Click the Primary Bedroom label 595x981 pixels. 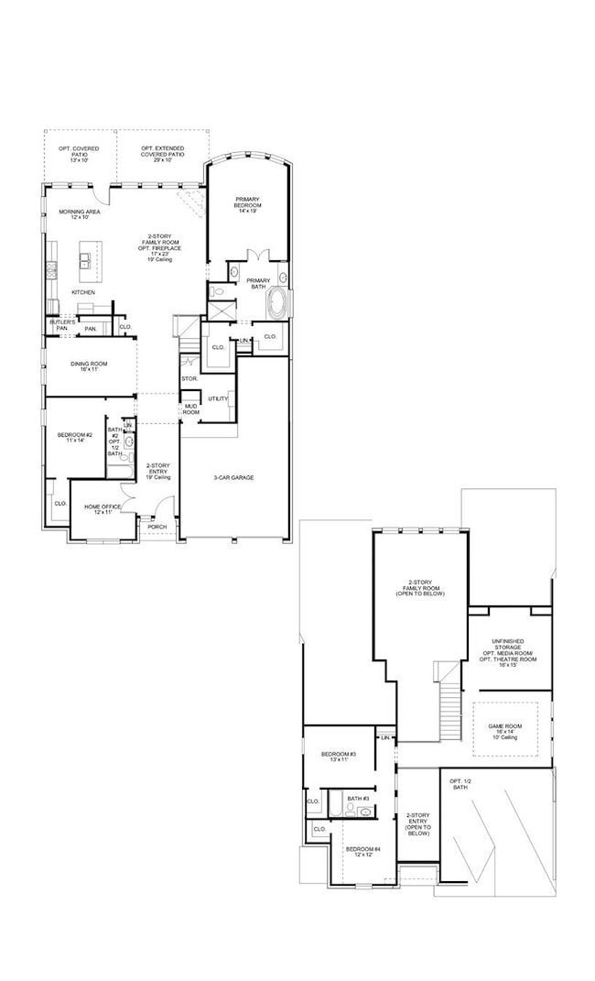point(248,202)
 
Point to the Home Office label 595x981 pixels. point(103,509)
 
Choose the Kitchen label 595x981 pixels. point(83,292)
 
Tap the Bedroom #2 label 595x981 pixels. point(75,437)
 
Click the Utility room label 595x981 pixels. point(218,398)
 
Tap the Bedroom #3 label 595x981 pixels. point(338,757)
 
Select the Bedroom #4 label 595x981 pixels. point(362,853)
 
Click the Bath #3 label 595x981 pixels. point(358,798)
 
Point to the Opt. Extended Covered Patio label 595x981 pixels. point(162,151)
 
